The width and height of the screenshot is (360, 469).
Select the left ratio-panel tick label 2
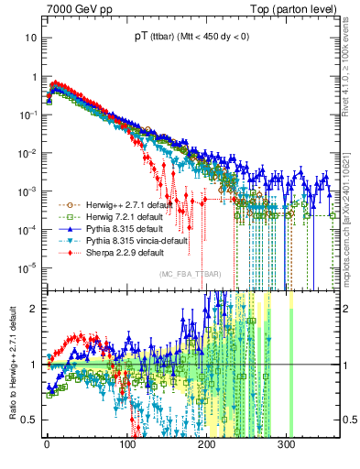[x=33, y=309]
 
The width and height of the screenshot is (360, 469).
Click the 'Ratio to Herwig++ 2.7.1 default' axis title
[x=10, y=364]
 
